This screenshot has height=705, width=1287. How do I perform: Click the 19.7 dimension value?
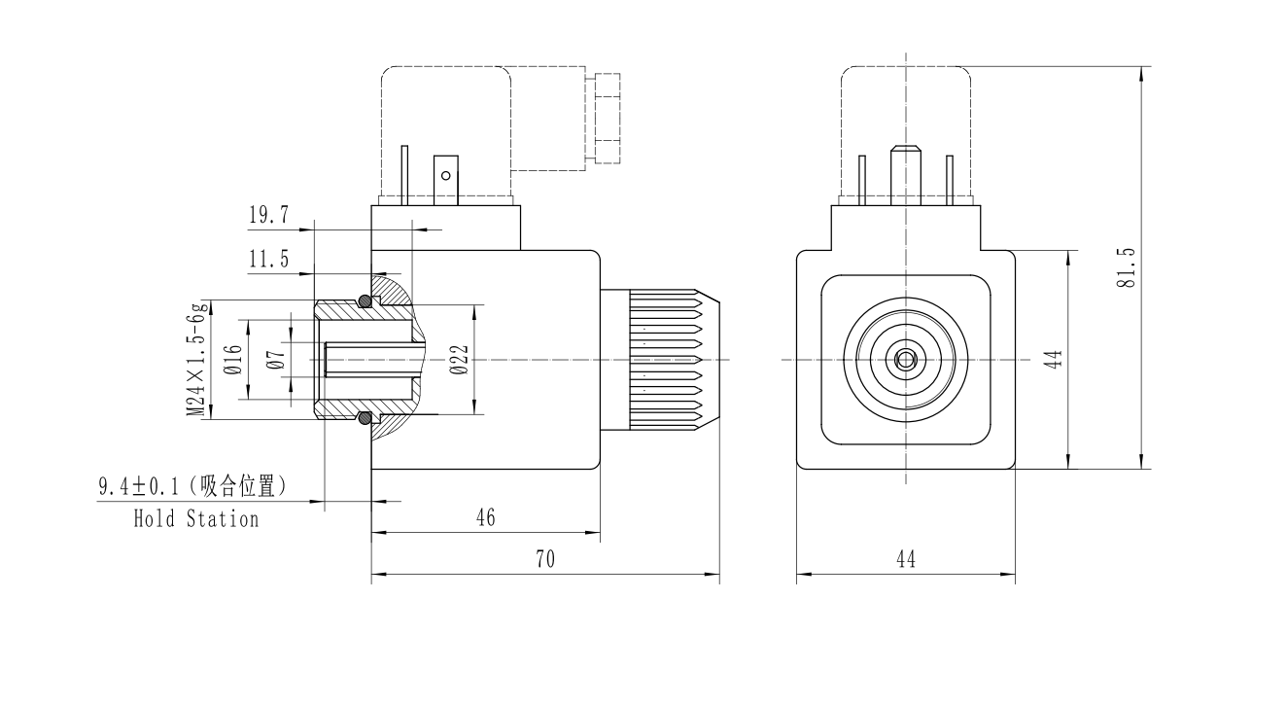(x=268, y=216)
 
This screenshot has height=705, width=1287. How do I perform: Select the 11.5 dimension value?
(x=268, y=259)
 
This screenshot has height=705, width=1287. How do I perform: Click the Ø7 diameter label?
(x=276, y=360)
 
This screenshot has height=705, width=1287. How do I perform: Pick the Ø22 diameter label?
(x=460, y=360)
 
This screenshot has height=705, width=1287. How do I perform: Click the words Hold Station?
(x=196, y=518)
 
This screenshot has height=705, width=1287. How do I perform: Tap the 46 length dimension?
(x=485, y=517)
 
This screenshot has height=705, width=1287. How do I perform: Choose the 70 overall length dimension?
(x=545, y=559)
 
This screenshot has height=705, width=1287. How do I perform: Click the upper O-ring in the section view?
(x=365, y=301)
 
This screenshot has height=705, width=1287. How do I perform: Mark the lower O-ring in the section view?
(x=365, y=419)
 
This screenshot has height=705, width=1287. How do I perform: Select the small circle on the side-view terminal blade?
(x=446, y=176)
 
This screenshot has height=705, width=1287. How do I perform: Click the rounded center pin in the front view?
(x=906, y=170)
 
